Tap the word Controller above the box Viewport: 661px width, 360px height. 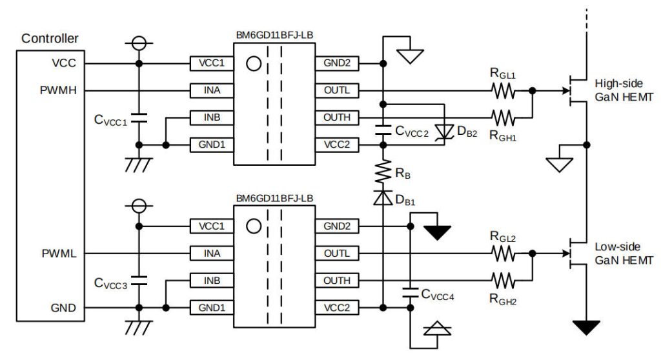50,39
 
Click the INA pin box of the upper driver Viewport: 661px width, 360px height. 212,90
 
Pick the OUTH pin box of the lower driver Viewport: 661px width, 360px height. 336,281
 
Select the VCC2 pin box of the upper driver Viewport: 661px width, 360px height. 336,145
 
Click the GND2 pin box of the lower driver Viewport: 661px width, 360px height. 336,226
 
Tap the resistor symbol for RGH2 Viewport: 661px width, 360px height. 503,281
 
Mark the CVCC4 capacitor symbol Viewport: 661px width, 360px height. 409,294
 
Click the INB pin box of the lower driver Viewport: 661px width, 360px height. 212,281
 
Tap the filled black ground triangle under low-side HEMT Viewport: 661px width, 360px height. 586,328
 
